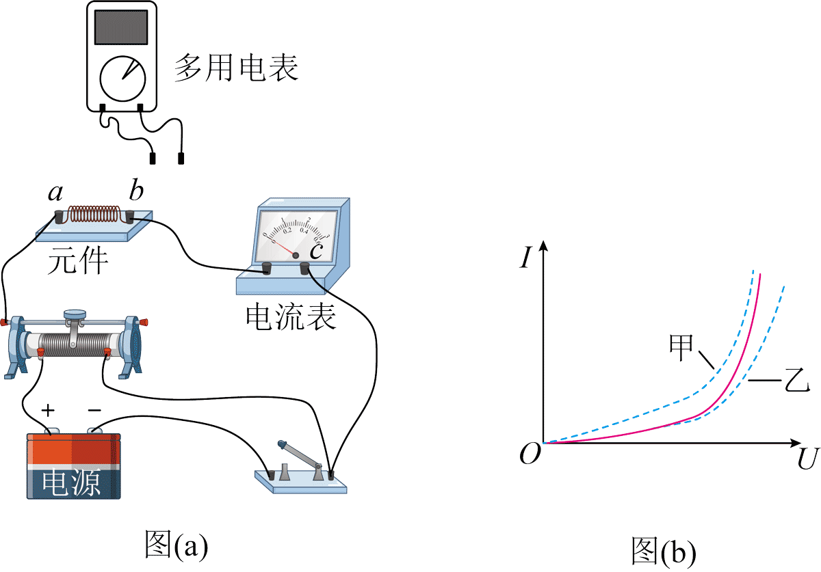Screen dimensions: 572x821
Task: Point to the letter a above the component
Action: point(55,193)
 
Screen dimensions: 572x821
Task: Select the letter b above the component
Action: point(136,191)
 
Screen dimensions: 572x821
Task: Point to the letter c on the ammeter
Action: point(315,251)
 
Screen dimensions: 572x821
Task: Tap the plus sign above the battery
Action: point(49,410)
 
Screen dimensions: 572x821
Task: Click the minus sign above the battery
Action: point(94,410)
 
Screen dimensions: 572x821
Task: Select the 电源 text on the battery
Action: point(72,482)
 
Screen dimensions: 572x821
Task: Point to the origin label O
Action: point(530,453)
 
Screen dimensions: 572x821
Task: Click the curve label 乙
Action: point(794,380)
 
